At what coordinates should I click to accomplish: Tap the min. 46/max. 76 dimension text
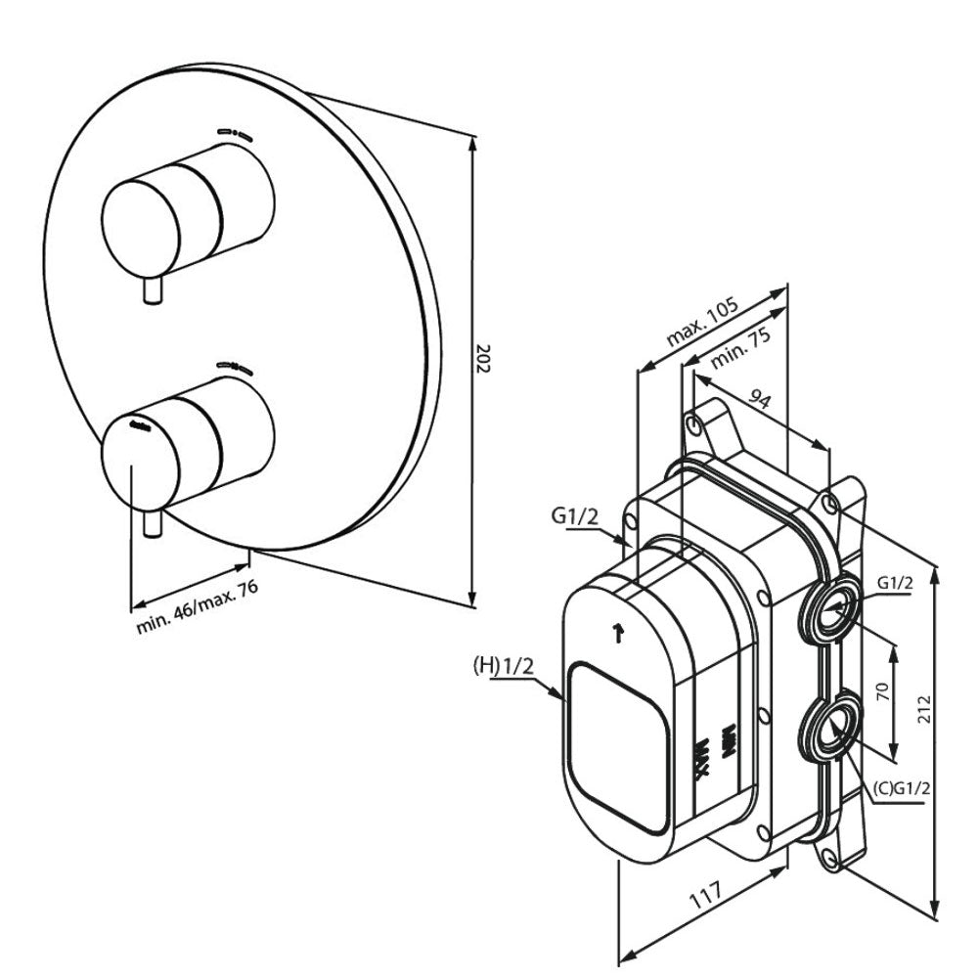(198, 606)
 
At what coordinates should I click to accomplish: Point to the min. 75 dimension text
(740, 348)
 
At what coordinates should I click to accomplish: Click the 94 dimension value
(760, 398)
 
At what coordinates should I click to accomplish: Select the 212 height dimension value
(924, 709)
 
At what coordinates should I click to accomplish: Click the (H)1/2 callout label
(504, 667)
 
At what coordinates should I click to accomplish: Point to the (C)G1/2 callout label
(902, 788)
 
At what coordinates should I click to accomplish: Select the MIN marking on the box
(728, 741)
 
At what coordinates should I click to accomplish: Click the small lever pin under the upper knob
(153, 290)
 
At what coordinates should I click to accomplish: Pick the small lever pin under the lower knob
(153, 523)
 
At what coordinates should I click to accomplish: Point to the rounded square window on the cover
(618, 747)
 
